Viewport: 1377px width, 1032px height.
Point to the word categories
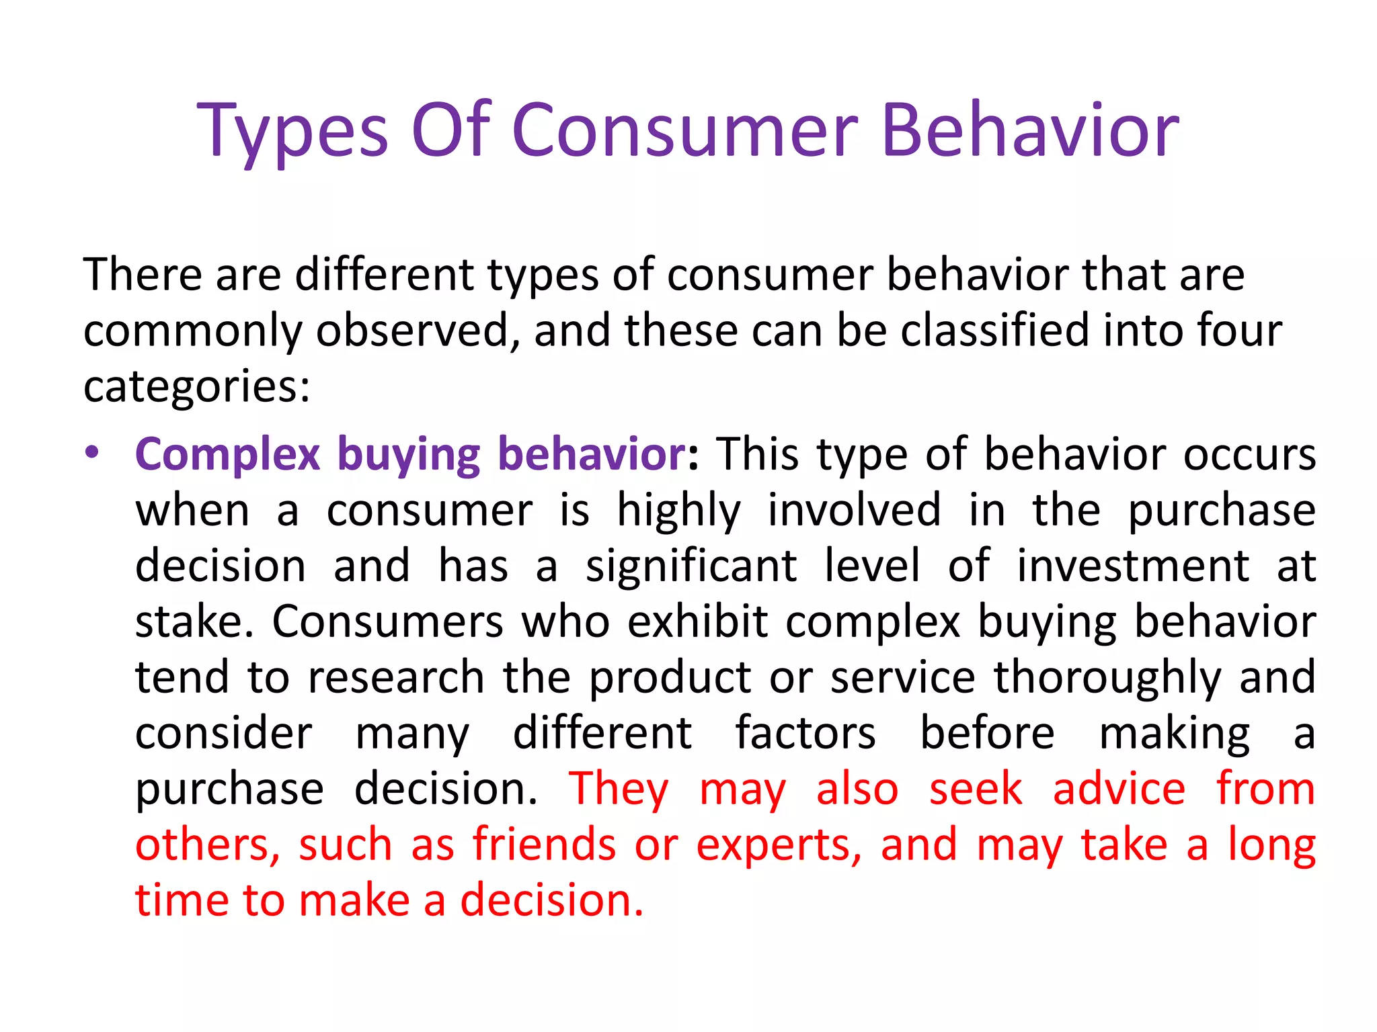coord(196,388)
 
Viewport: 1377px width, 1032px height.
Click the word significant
coord(691,566)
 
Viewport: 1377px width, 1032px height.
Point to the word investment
coord(1132,566)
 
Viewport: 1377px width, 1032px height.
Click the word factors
coord(805,733)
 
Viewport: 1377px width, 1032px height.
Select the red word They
coord(619,789)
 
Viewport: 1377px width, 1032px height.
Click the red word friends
coord(544,845)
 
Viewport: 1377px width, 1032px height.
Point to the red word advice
coord(1119,789)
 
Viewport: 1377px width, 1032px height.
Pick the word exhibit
coord(697,621)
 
